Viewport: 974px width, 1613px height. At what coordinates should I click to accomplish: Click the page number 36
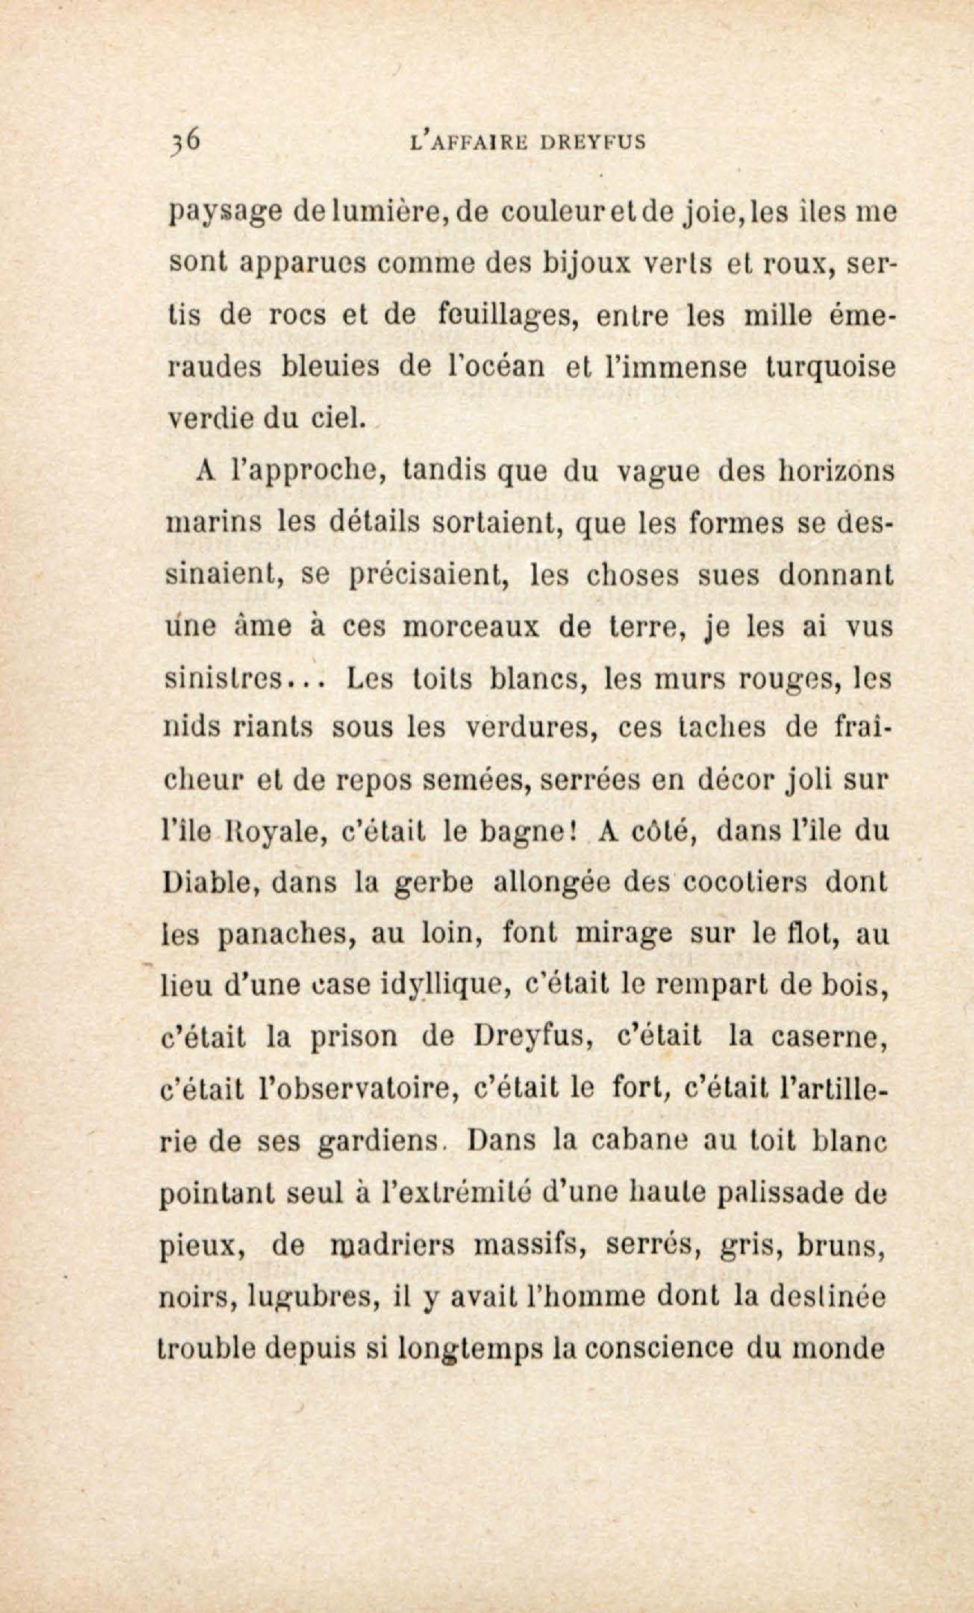(x=185, y=142)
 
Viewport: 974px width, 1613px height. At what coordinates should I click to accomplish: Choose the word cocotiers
(x=724, y=884)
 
